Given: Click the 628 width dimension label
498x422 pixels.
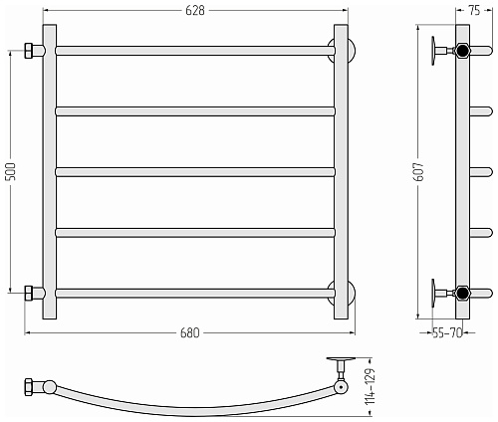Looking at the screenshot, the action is coord(195,11).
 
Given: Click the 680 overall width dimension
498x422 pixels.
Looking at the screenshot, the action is coord(190,332).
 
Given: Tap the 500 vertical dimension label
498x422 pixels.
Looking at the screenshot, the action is coord(11,171).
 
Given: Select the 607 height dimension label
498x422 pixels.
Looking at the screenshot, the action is coord(419,171).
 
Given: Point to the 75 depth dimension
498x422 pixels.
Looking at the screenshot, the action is coord(474,11).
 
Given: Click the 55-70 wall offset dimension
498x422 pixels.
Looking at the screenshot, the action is coord(447,332).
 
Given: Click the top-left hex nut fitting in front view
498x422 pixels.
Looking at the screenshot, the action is coord(28,51).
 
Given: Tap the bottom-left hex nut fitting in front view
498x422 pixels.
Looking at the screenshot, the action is coord(28,294).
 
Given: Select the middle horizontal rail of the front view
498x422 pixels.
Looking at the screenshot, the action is coord(195,172).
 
